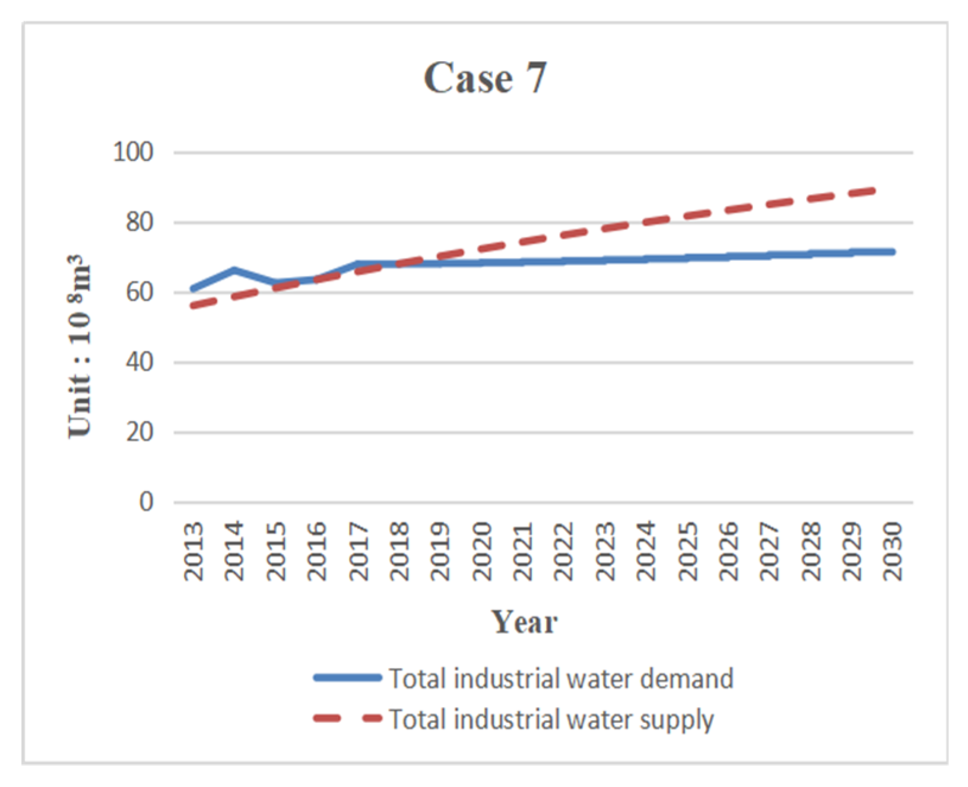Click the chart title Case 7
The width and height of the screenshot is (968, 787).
pyautogui.click(x=485, y=78)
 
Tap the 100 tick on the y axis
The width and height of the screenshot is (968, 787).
pyautogui.click(x=133, y=153)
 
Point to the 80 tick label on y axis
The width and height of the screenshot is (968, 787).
pyautogui.click(x=139, y=223)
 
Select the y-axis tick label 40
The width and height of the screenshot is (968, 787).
pyautogui.click(x=139, y=362)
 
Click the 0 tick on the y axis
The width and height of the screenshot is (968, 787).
pyautogui.click(x=146, y=502)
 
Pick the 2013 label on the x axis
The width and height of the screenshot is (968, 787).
pyautogui.click(x=193, y=551)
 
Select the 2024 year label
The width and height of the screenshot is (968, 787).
pyautogui.click(x=646, y=551)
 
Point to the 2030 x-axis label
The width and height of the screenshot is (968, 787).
pyautogui.click(x=892, y=551)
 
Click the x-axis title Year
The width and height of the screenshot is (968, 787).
pyautogui.click(x=525, y=622)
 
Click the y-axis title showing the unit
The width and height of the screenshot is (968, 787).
pyautogui.click(x=80, y=347)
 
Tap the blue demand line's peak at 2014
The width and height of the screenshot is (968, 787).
pyautogui.click(x=235, y=270)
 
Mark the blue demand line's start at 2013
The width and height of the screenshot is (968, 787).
pyautogui.click(x=193, y=289)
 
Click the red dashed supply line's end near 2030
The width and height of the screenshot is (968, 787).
pyautogui.click(x=874, y=190)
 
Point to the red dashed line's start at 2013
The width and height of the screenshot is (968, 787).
pyautogui.click(x=193, y=306)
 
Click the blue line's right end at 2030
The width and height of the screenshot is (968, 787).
pyautogui.click(x=892, y=252)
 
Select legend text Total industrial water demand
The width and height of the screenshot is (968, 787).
pyautogui.click(x=561, y=678)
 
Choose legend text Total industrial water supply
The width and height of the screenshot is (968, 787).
pyautogui.click(x=551, y=719)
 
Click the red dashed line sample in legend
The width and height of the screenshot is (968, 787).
pyautogui.click(x=347, y=719)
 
